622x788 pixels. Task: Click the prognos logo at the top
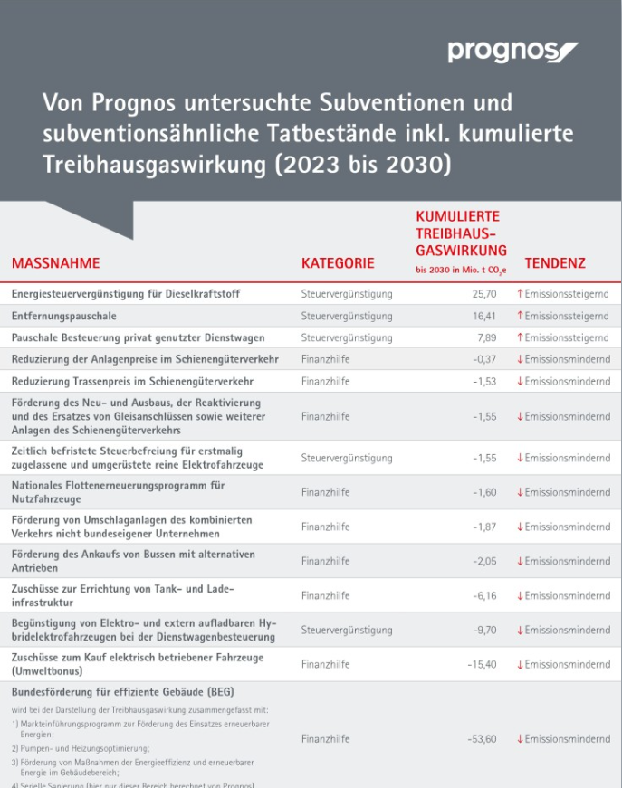[x=512, y=52]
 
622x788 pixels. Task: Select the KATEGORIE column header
[x=337, y=263]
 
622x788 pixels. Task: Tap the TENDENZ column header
[x=555, y=263]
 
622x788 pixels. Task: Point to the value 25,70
[x=483, y=294]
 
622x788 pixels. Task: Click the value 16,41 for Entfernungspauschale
[x=483, y=316]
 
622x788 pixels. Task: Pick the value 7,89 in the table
[x=486, y=337]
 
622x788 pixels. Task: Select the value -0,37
[x=483, y=359]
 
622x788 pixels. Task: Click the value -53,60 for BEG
[x=481, y=739]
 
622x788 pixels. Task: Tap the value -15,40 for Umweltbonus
[x=481, y=664]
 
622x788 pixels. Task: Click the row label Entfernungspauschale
[x=64, y=316]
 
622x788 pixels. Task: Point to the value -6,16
[x=483, y=595]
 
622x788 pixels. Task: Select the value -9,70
[x=483, y=630]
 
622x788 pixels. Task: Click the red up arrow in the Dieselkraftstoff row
[x=520, y=294]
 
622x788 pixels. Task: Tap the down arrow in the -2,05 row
[x=520, y=561]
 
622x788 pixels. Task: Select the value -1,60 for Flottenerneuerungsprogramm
[x=483, y=492]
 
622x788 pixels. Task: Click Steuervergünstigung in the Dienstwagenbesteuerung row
[x=347, y=630]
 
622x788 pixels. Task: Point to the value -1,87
[x=483, y=527]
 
